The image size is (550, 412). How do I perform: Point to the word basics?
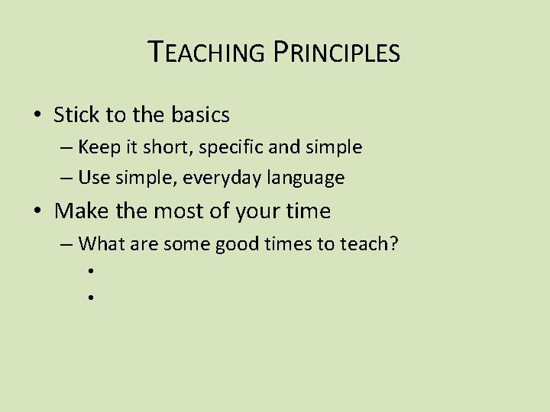coord(199,115)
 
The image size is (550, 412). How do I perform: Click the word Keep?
coord(99,146)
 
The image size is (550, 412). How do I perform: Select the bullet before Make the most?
coord(37,211)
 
